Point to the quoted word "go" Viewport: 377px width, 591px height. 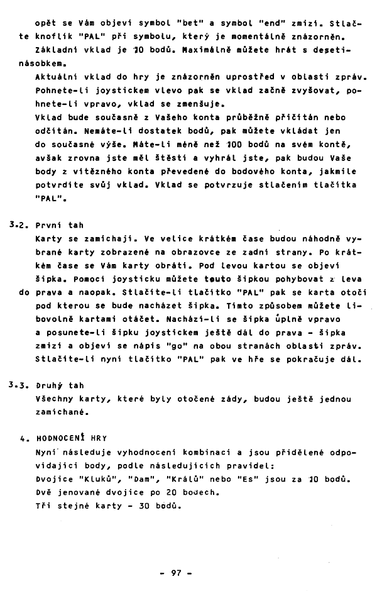pyautogui.click(x=179, y=346)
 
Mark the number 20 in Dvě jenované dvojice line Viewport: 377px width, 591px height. pyautogui.click(x=167, y=493)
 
